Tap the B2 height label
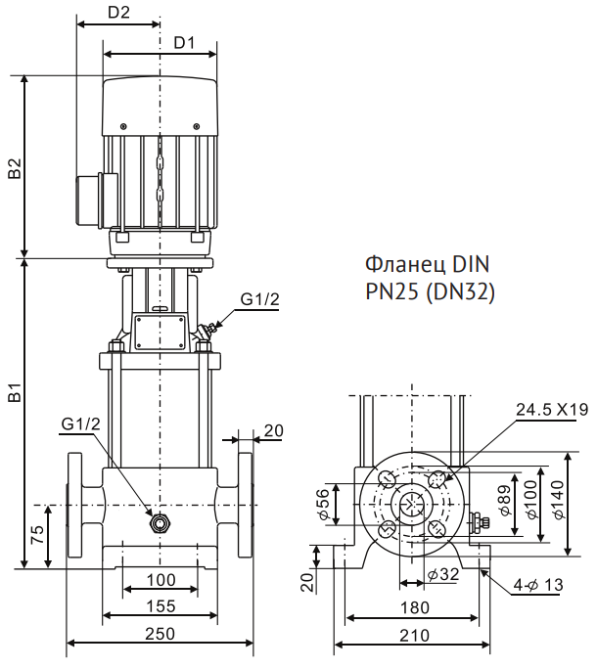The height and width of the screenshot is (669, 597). tap(15, 167)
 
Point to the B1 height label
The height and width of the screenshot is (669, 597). tap(15, 394)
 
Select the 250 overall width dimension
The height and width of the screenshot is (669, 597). tap(160, 633)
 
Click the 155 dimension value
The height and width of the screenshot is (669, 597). tap(161, 606)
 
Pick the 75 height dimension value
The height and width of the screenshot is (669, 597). tap(36, 536)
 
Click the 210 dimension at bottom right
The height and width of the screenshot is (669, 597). tap(414, 635)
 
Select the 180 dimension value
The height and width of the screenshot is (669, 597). tap(414, 607)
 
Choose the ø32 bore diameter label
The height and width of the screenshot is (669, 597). tap(443, 574)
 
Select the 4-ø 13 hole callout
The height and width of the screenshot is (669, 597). tap(539, 585)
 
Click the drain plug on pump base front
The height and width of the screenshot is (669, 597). tap(160, 522)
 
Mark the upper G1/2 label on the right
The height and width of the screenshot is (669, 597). tap(258, 299)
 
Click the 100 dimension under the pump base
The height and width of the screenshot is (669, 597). tap(161, 580)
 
